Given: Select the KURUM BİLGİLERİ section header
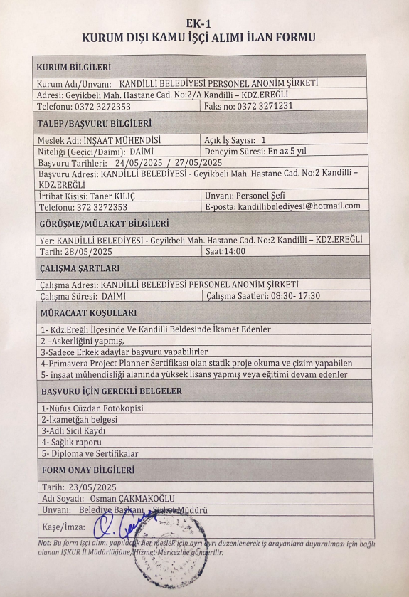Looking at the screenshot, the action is (x=73, y=68).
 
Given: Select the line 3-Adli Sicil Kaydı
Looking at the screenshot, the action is (x=74, y=431).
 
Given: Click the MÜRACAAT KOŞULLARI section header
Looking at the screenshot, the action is (x=88, y=312).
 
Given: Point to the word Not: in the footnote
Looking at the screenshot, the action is (x=43, y=543).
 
